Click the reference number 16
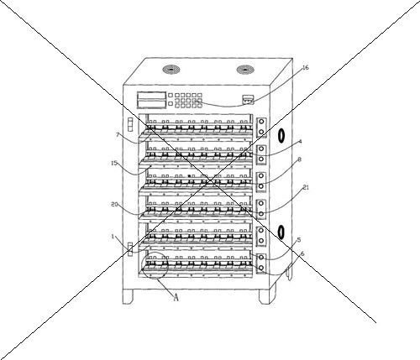[306, 68]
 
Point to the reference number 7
[118, 135]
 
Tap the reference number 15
[114, 163]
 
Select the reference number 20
[114, 205]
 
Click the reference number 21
[306, 187]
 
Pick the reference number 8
[299, 159]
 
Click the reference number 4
[300, 141]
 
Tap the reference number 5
[299, 240]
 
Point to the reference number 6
[302, 253]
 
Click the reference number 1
[113, 237]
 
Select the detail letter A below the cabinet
[176, 297]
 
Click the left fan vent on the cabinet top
[171, 69]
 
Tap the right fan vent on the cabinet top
[245, 70]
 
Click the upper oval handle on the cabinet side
[281, 136]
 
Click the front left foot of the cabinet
[128, 296]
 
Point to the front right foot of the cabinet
[265, 297]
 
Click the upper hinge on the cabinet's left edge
[130, 124]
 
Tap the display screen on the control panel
[151, 100]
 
